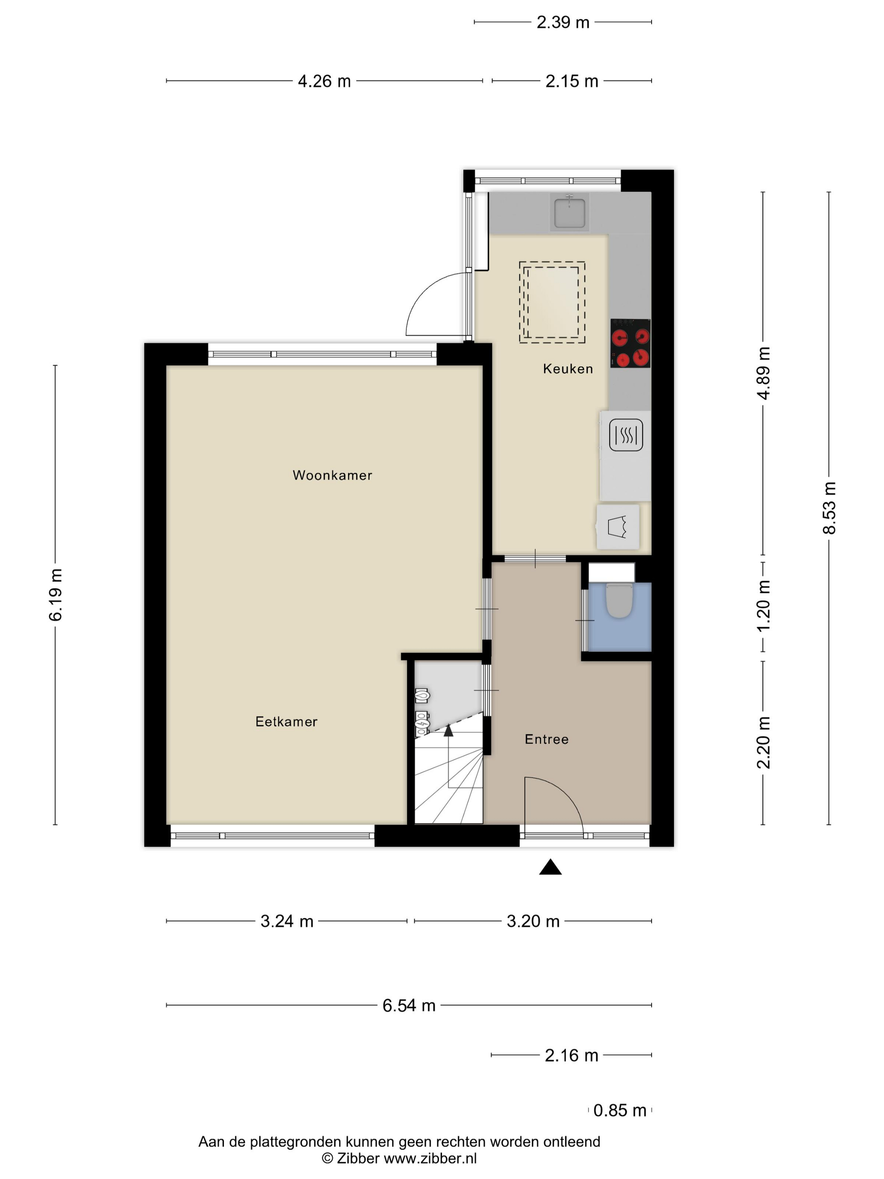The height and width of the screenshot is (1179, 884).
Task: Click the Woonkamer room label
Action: (332, 475)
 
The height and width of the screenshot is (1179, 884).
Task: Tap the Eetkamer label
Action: (286, 721)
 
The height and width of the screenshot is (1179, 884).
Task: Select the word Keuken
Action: (567, 368)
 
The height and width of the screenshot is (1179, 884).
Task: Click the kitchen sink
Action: (570, 212)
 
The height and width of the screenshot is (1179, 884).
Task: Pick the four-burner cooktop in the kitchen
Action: (630, 343)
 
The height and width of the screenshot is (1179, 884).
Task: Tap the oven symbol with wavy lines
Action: (626, 435)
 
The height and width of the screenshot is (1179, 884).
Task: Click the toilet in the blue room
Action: (619, 600)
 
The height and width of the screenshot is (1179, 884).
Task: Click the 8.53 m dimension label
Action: (829, 507)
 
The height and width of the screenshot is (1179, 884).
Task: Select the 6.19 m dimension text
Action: (56, 594)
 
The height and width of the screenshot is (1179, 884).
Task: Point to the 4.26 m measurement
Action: (324, 81)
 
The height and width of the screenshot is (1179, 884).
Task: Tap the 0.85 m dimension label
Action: (620, 1110)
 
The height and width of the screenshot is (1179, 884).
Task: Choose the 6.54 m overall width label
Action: (409, 1005)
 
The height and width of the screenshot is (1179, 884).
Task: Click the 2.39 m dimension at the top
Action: (563, 22)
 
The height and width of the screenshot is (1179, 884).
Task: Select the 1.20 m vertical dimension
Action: (763, 606)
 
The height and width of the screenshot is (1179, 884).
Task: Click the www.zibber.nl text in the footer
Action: (430, 1158)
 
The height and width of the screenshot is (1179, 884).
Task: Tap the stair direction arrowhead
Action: (448, 730)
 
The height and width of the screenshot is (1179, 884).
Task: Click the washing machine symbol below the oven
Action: (618, 527)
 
